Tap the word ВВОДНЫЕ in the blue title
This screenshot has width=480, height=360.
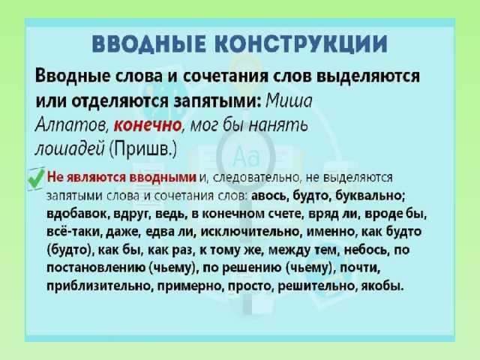[x=148, y=44]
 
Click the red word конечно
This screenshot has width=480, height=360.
[x=148, y=125]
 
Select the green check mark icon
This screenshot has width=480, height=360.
[x=36, y=178]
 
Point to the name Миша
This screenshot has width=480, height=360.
[x=289, y=100]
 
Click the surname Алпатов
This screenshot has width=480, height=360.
[x=71, y=125]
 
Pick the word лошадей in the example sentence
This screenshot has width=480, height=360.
[x=70, y=150]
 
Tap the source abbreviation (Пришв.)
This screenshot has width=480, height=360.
[x=143, y=150]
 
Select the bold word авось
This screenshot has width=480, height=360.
[x=269, y=195]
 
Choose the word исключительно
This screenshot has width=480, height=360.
[x=250, y=232]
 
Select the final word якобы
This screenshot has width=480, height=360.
[x=382, y=286]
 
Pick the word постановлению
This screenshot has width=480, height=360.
[x=96, y=268]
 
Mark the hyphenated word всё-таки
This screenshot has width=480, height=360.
[x=74, y=232]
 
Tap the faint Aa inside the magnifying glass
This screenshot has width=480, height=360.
[x=246, y=157]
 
